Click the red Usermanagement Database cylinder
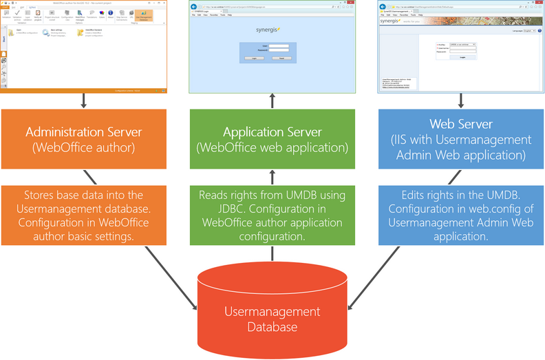click(272, 310)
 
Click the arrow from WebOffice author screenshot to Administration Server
click(83, 101)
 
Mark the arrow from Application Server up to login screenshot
click(272, 101)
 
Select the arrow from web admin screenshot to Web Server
click(461, 101)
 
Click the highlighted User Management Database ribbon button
click(144, 15)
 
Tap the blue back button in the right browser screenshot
click(384, 6)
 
